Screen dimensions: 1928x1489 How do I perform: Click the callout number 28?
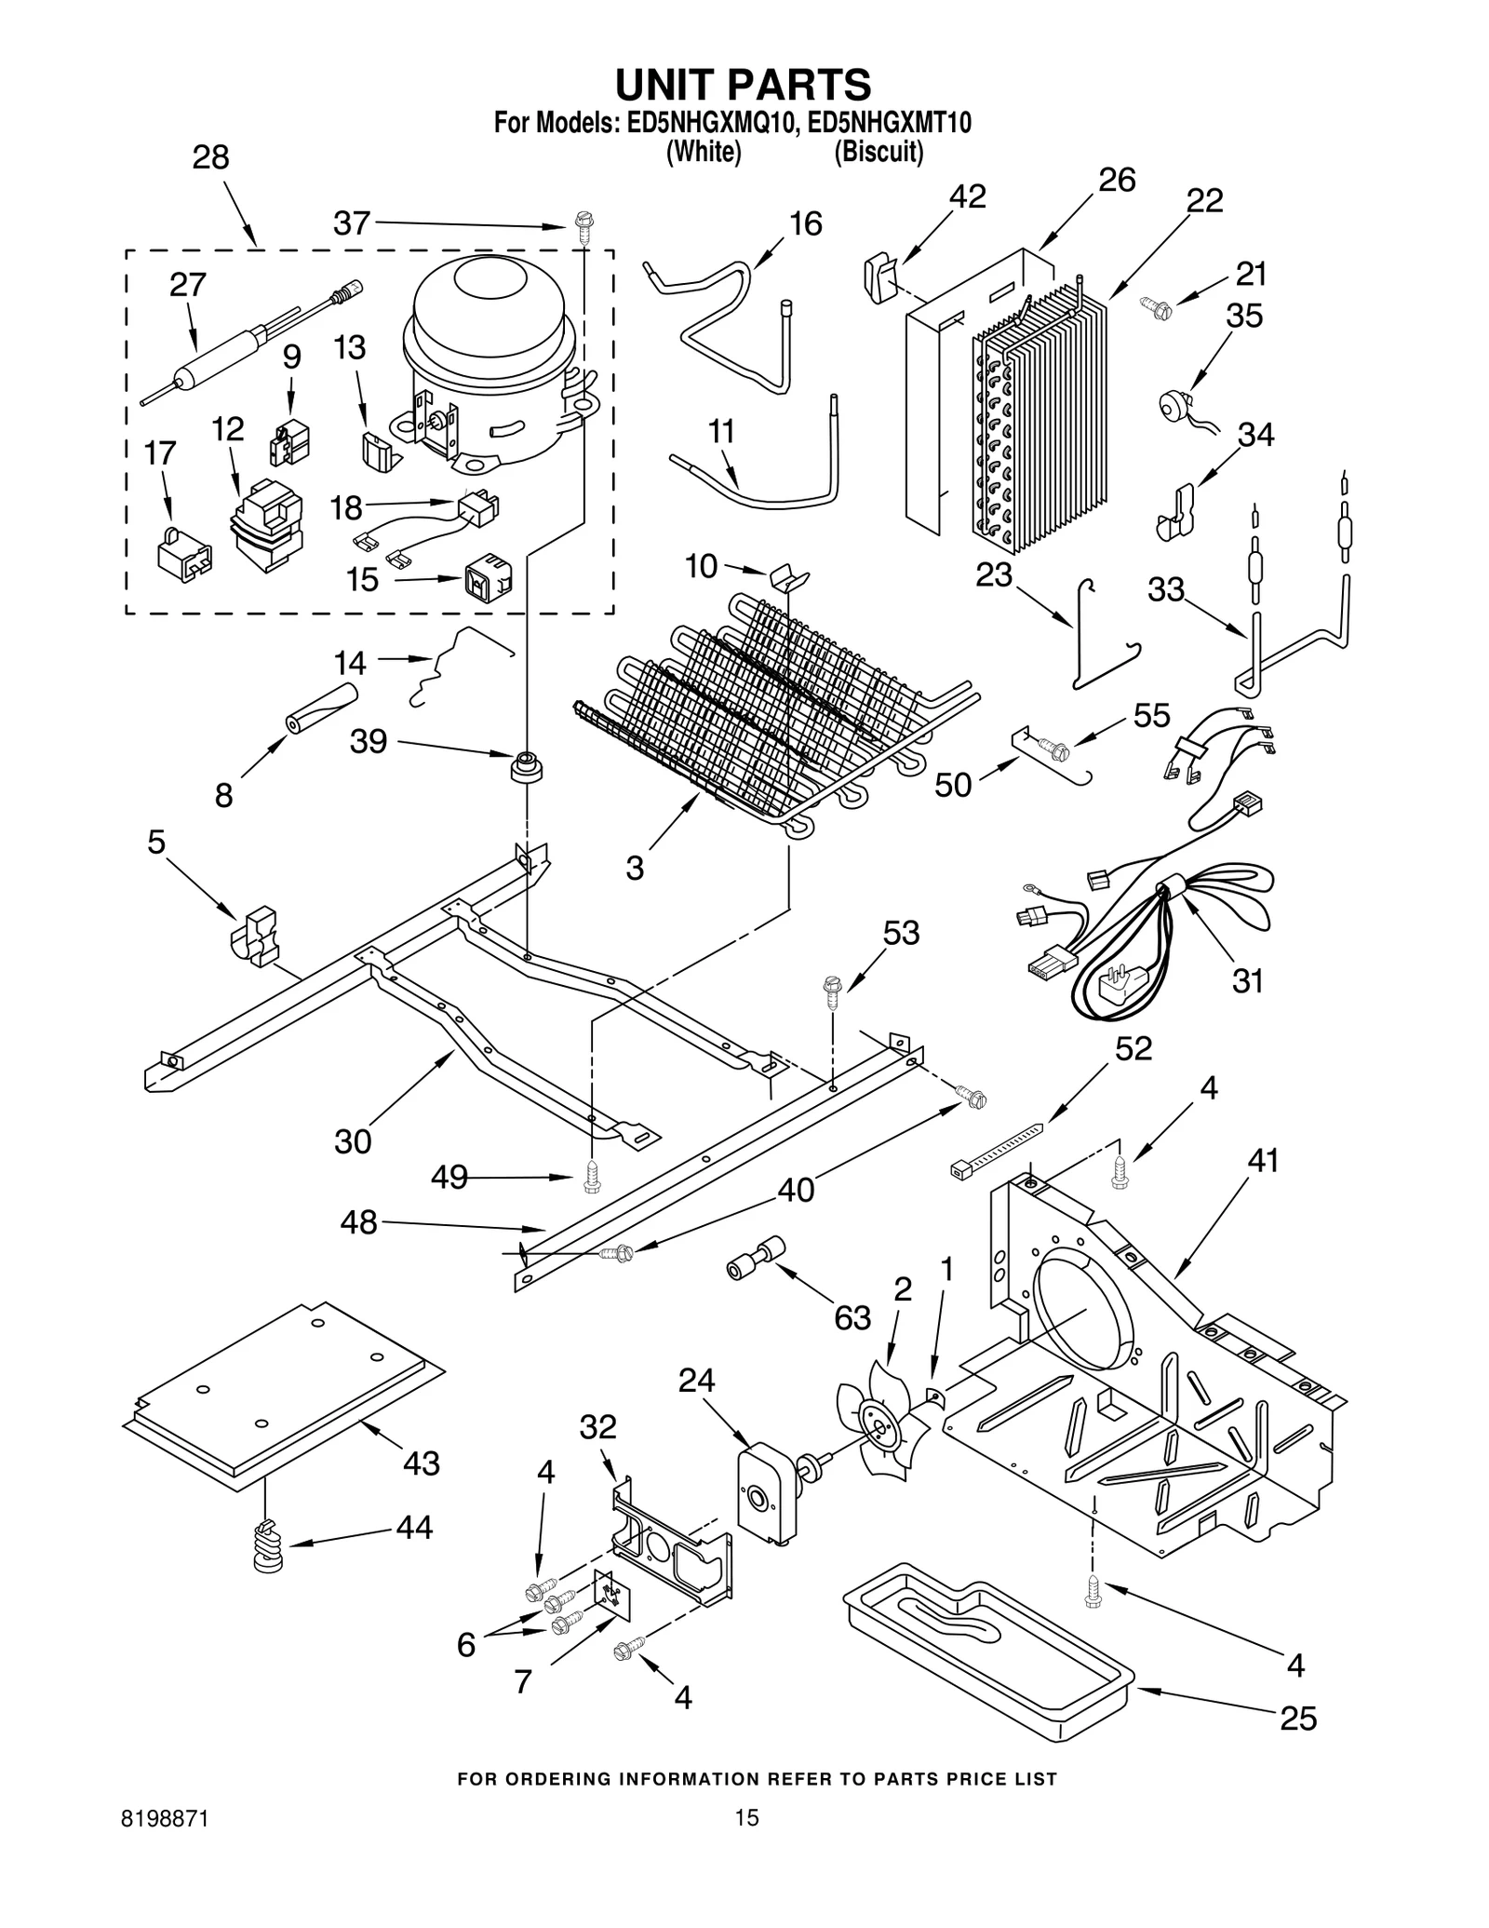click(210, 157)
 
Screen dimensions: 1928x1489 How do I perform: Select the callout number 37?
click(352, 223)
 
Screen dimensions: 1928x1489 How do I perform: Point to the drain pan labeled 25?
click(986, 1642)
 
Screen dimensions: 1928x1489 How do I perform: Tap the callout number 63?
click(852, 1317)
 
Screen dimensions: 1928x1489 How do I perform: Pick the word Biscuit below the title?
click(878, 153)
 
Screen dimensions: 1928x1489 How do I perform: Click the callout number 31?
click(1247, 980)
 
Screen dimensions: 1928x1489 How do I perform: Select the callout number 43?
click(421, 1463)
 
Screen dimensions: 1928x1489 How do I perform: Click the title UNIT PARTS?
click(743, 84)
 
